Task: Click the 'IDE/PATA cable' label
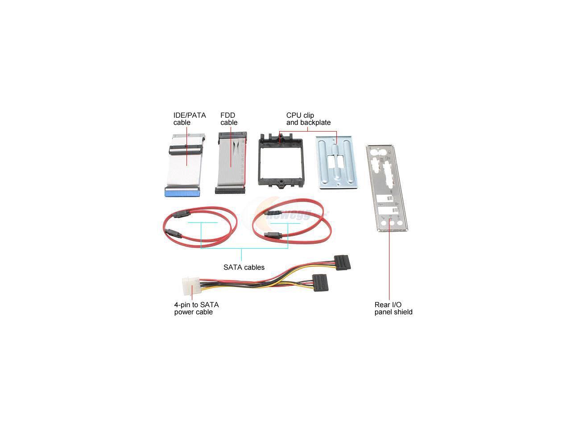point(190,119)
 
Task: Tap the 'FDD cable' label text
point(229,119)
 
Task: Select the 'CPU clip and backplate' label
point(308,119)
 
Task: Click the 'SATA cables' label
point(244,267)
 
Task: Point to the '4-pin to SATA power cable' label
point(196,308)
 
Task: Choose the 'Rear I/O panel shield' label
point(393,308)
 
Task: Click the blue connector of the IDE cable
point(183,192)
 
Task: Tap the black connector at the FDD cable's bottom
point(230,190)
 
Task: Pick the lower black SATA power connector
point(321,282)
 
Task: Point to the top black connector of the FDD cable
point(231,136)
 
